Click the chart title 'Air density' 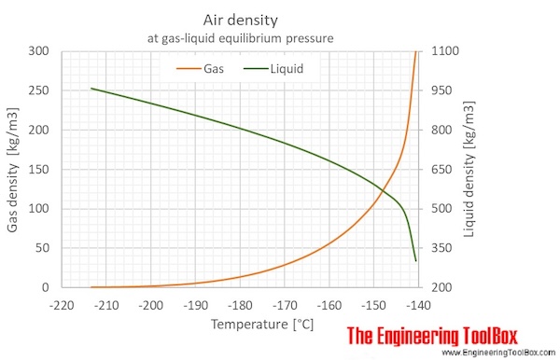point(240,19)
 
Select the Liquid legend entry point(284,68)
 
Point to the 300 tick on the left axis point(40,50)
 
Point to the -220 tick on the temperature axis point(63,304)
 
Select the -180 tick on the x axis point(240,304)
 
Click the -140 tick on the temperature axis point(417,304)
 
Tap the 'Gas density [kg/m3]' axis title point(13,169)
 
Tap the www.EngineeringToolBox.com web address point(497,353)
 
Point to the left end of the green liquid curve point(91,89)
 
